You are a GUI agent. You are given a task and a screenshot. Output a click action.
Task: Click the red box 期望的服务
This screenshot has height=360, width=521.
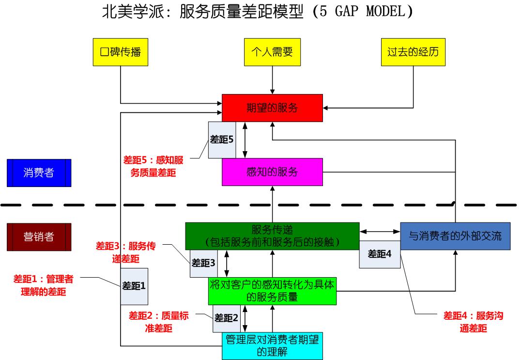click(x=272, y=108)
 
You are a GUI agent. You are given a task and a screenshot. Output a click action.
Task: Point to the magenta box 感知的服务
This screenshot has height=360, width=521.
click(x=272, y=172)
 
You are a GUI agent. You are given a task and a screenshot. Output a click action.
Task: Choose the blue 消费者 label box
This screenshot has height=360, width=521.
click(x=39, y=172)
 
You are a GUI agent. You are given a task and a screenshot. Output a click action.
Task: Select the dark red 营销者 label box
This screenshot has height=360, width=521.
click(x=39, y=236)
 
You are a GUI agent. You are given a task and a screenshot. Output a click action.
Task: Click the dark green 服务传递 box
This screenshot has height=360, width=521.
click(x=272, y=235)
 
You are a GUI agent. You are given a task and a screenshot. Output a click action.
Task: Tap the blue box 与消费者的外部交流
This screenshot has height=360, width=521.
click(x=455, y=236)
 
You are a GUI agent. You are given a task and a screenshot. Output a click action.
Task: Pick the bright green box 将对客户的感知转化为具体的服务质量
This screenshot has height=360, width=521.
click(x=272, y=291)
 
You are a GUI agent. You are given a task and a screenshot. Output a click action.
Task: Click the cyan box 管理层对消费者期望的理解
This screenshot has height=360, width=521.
click(x=272, y=346)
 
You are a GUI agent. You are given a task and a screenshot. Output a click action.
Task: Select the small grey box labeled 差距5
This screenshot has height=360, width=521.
click(x=222, y=140)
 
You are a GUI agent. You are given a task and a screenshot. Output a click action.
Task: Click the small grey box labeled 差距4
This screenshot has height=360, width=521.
click(x=380, y=254)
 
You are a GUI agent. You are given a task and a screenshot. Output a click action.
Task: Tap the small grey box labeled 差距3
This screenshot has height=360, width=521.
click(x=203, y=263)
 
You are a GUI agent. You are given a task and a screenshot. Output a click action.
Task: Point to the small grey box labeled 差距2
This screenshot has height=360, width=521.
click(x=227, y=318)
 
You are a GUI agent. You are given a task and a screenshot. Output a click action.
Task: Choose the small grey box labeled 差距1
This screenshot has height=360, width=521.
click(x=134, y=286)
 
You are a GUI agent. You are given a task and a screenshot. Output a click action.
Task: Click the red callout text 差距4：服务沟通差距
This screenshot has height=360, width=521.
click(x=473, y=322)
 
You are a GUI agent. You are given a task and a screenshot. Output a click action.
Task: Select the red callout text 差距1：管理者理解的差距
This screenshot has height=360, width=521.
click(x=43, y=285)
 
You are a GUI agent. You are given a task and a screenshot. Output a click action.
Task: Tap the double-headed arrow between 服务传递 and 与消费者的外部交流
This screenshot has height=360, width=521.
click(x=380, y=231)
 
